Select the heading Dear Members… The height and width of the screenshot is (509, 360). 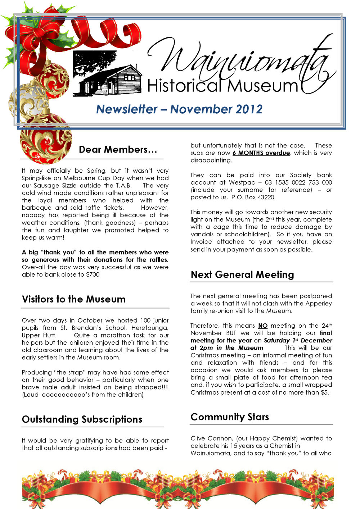[118, 150]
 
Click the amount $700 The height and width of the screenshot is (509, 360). [93, 274]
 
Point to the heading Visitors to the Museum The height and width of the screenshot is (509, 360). [74, 299]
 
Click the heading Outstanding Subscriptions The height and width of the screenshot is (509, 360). [82, 419]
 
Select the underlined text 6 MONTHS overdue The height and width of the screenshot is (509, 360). [261, 153]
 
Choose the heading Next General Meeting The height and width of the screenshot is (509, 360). [242, 275]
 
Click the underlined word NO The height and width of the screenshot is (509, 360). [263, 326]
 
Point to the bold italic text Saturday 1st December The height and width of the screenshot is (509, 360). [298, 340]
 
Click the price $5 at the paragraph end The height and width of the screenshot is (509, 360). [324, 392]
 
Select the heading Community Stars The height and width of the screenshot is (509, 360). [230, 417]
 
